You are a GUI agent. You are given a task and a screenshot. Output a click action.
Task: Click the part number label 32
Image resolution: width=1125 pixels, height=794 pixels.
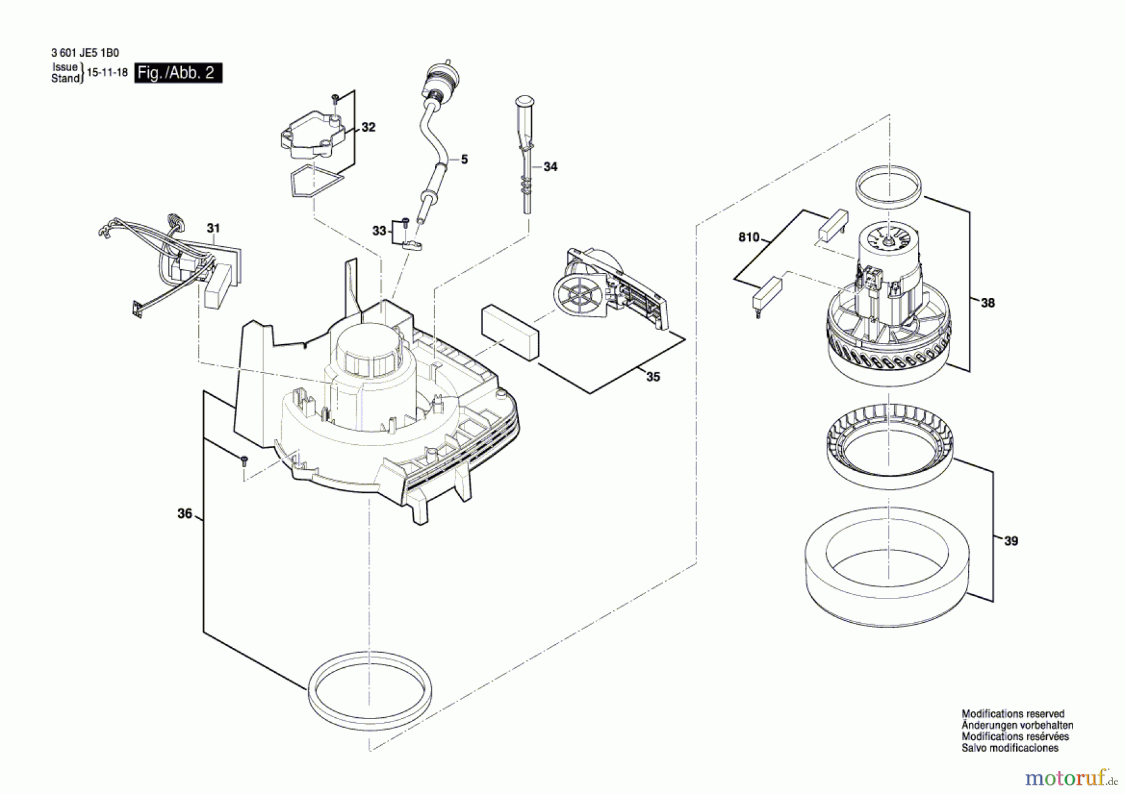tap(369, 127)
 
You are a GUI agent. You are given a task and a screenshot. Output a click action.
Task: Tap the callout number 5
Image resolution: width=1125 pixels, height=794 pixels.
tap(464, 160)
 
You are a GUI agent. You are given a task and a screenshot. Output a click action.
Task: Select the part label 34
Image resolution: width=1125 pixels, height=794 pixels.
tap(550, 167)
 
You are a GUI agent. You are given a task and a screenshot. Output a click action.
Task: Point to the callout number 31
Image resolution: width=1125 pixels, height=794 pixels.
tap(214, 229)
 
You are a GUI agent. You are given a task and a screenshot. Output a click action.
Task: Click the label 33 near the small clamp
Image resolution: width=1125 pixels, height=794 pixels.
tap(379, 231)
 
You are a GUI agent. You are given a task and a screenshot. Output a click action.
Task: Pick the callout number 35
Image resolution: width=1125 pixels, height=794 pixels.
tap(653, 377)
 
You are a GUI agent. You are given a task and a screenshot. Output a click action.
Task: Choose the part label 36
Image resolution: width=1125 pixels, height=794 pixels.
tap(185, 514)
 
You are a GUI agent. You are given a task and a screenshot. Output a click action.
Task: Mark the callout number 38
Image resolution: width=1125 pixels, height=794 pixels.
tap(987, 303)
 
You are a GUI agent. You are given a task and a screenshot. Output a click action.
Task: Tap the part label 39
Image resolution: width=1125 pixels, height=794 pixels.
tap(1011, 541)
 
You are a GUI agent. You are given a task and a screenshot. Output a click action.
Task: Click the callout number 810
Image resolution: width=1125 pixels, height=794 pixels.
tap(749, 237)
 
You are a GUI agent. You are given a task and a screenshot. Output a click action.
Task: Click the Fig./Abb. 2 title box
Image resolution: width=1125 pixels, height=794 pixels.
tap(178, 73)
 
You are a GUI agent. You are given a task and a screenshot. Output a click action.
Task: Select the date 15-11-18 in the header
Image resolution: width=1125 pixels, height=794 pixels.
tap(107, 73)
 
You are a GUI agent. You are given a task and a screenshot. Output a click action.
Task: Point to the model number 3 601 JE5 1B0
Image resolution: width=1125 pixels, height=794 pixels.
tap(85, 54)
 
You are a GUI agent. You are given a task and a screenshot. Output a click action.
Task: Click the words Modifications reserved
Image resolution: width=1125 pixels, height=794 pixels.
tap(1012, 713)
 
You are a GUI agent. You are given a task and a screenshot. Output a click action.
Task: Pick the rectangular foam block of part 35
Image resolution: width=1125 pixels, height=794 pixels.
tap(509, 332)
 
